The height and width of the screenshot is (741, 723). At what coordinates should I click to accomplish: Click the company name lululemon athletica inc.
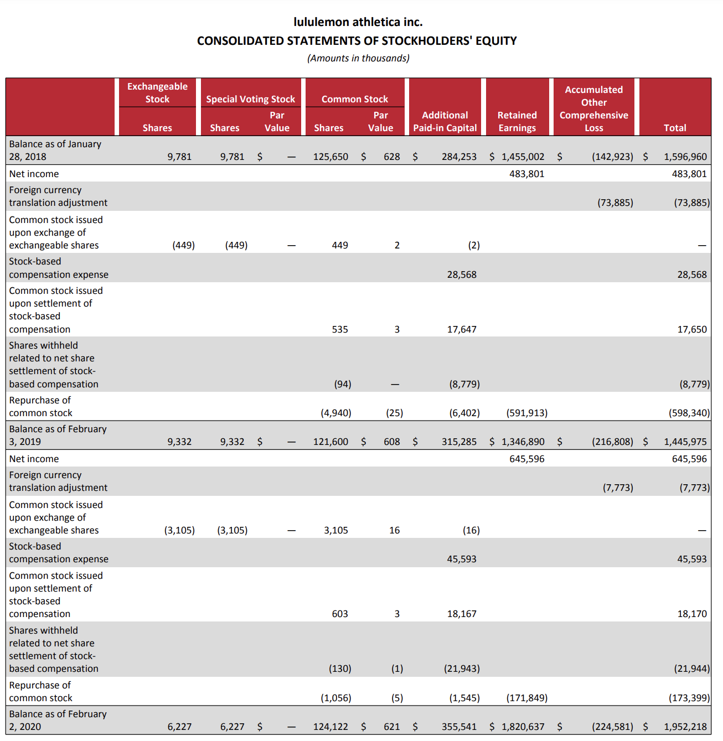tap(358, 22)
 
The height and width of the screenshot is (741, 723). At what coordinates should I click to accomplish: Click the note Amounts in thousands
tap(358, 58)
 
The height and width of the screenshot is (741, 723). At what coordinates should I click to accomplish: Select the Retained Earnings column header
tap(517, 121)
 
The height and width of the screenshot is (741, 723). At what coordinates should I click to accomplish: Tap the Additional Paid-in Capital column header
tap(445, 121)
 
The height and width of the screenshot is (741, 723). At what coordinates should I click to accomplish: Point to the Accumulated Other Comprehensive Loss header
tap(593, 108)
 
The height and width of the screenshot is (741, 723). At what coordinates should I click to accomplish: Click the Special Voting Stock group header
tap(250, 99)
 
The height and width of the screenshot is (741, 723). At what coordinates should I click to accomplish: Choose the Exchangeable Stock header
tap(157, 92)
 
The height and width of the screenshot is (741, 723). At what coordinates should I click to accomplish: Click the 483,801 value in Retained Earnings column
tap(526, 174)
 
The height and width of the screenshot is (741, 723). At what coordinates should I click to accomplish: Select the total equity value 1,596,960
tap(685, 157)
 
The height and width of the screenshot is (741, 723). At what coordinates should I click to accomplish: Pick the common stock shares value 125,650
tap(330, 157)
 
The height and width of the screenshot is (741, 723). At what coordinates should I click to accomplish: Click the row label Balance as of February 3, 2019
tap(58, 435)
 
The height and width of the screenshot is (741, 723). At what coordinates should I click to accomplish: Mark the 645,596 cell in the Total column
tap(689, 459)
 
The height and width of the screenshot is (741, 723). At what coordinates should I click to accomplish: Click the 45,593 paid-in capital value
tap(461, 559)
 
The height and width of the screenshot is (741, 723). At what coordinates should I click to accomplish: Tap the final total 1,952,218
tap(685, 727)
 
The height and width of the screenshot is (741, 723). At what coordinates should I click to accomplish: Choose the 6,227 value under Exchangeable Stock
tap(179, 727)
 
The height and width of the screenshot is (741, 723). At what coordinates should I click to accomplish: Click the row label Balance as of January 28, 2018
tap(55, 150)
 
